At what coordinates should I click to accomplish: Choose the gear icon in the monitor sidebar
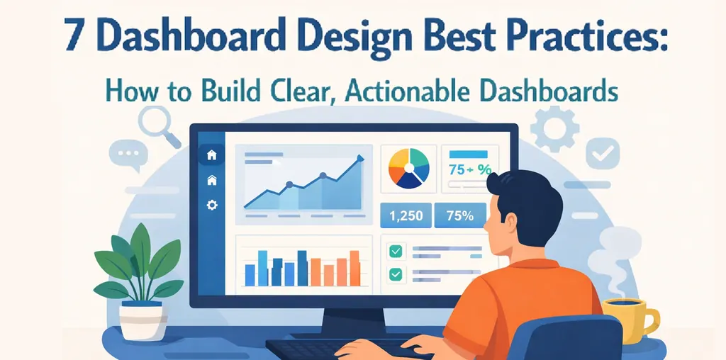[211, 205]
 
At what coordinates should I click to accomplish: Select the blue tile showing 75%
[460, 215]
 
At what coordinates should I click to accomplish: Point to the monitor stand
[354, 322]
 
